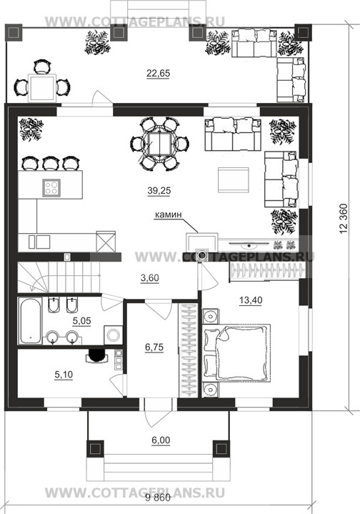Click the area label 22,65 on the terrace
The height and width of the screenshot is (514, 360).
point(159,74)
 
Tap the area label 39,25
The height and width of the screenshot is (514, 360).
point(159,191)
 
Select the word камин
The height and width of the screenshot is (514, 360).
point(168,214)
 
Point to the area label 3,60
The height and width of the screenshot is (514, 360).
point(150,278)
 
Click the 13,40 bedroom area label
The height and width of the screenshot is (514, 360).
point(251,300)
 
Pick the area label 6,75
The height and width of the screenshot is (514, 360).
point(154,347)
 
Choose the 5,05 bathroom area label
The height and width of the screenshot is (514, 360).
point(81,321)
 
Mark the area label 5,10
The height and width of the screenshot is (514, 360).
point(64,375)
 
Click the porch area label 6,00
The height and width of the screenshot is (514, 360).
point(161,440)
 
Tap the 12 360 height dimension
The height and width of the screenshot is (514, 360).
point(344,219)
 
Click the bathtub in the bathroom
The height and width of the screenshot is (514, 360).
point(29,320)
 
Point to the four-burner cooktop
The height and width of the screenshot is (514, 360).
point(51,188)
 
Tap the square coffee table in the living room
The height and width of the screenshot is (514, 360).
point(234,180)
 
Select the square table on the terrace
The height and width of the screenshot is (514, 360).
point(41,87)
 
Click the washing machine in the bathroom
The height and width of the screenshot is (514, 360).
point(114,335)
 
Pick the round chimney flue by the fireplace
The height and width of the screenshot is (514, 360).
point(202,255)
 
